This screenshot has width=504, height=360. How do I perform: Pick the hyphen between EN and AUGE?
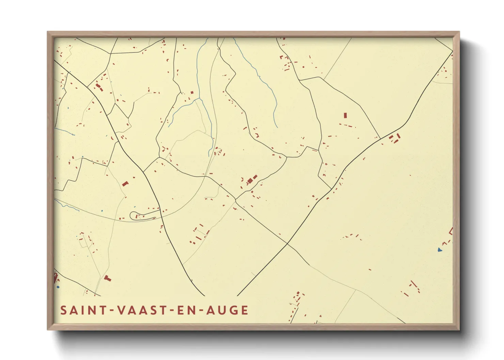tap(201, 311)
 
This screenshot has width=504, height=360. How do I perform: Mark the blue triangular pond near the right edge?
tap(440, 250)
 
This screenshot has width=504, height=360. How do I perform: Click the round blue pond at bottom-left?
tap(58, 287)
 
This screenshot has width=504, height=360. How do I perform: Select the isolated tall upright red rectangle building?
tap(345, 115)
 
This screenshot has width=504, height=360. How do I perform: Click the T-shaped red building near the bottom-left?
tap(107, 278)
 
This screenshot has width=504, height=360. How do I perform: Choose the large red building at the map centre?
tap(252, 179)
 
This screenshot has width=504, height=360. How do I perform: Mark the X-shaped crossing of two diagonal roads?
tap(287, 244)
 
